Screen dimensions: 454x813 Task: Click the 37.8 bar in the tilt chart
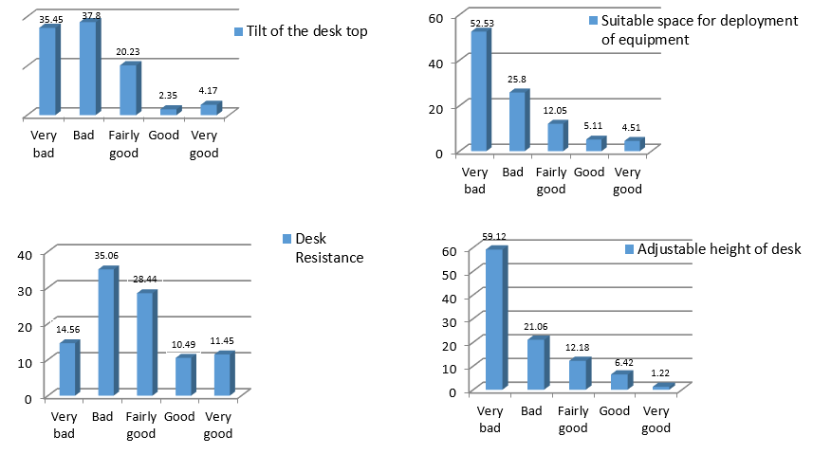tap(87, 68)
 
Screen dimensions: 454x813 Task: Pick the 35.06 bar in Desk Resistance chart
tap(105, 333)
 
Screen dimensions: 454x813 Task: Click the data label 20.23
tap(130, 54)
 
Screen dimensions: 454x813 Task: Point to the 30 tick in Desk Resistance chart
tap(27, 289)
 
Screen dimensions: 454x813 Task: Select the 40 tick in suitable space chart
tap(439, 62)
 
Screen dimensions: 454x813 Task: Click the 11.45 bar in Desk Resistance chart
tap(222, 374)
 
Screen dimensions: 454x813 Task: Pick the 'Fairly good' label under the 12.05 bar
tap(551, 180)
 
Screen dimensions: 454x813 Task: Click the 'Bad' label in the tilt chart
tap(83, 136)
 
